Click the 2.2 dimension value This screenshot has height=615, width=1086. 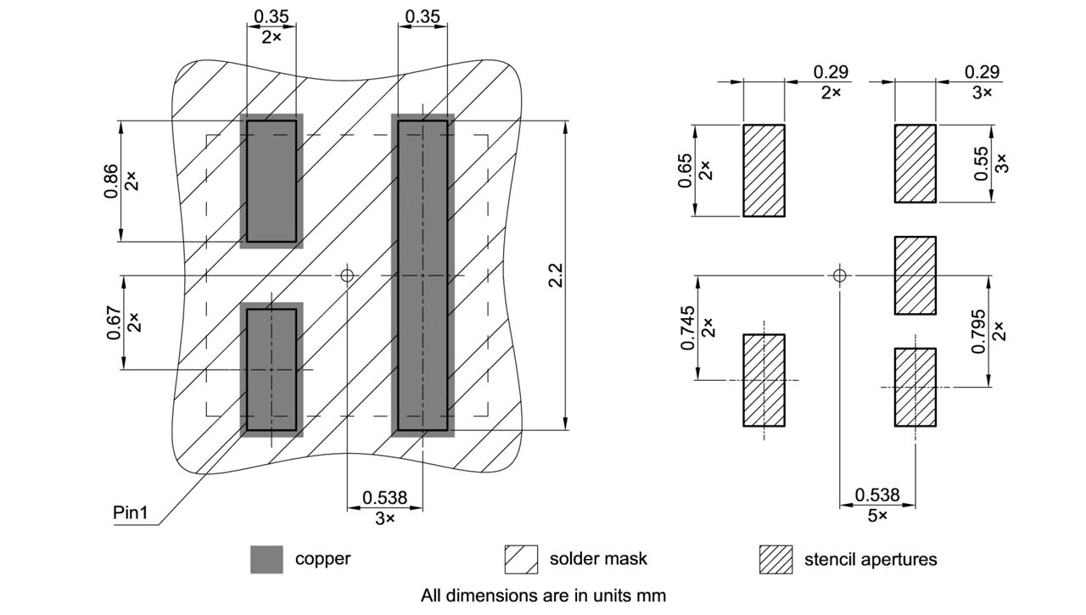tap(556, 276)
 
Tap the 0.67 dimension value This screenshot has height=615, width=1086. tap(112, 322)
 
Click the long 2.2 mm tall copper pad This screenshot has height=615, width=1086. tap(423, 276)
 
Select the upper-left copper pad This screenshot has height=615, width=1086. tap(271, 181)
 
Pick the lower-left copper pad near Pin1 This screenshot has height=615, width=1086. tap(271, 370)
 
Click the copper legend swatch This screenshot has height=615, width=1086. tap(266, 560)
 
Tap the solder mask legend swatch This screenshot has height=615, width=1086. tap(521, 560)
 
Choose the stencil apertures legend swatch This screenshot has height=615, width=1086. tap(775, 560)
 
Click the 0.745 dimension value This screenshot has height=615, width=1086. tap(688, 327)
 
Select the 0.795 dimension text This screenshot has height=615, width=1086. tap(979, 332)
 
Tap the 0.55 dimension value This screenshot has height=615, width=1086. tap(982, 165)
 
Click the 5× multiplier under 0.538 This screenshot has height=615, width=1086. tap(877, 516)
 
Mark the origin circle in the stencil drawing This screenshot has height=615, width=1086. tap(839, 275)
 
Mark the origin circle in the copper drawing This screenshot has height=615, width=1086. tap(346, 275)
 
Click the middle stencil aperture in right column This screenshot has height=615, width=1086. tap(915, 276)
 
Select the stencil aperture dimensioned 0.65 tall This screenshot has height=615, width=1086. tap(764, 171)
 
